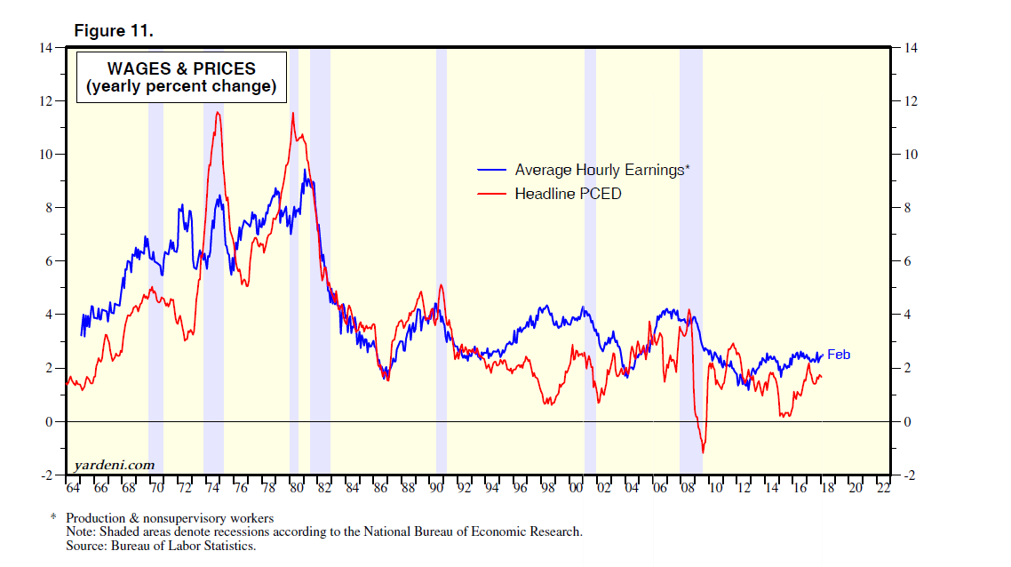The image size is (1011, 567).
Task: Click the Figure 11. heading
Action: [x=114, y=31]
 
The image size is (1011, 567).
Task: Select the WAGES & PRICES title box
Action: [x=181, y=77]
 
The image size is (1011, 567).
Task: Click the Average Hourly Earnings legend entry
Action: [x=601, y=170]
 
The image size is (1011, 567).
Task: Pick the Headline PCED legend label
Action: [x=568, y=193]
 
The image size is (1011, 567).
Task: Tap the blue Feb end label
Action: [x=839, y=355]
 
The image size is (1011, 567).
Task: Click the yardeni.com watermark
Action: [x=114, y=465]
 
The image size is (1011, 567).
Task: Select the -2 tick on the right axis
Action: [x=909, y=475]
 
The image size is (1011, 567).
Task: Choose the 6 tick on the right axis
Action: [x=908, y=261]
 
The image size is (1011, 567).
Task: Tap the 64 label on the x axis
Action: [x=73, y=488]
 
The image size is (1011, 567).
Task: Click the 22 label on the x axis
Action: [x=883, y=488]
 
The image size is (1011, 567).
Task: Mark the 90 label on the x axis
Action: [x=435, y=488]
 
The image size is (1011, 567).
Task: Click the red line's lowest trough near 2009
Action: [x=704, y=452]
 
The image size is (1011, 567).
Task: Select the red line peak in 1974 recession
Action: [x=218, y=113]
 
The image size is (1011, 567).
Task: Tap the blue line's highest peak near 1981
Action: [x=305, y=170]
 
